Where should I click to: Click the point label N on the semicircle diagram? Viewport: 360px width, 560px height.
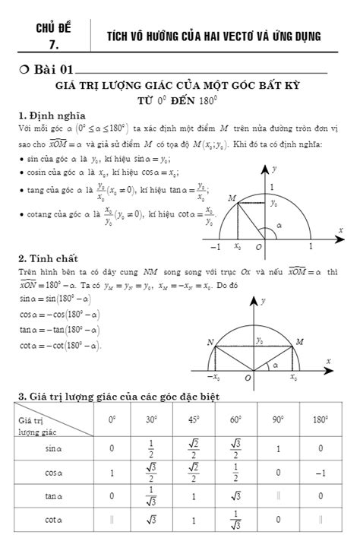click(x=210, y=343)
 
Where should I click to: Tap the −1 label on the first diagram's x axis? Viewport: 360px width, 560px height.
click(x=216, y=247)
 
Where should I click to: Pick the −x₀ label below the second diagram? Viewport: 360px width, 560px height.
click(x=216, y=377)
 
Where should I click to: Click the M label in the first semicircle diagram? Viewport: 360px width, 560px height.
click(x=232, y=198)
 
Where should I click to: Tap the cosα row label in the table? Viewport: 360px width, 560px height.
click(x=52, y=473)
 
